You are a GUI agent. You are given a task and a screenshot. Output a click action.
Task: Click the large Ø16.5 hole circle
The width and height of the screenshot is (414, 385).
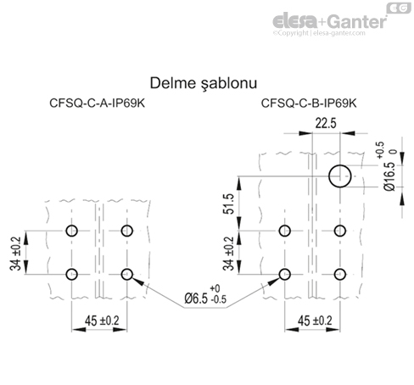click(x=341, y=176)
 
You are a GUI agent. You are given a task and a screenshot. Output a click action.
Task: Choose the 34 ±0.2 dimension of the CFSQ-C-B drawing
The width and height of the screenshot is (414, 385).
click(x=229, y=252)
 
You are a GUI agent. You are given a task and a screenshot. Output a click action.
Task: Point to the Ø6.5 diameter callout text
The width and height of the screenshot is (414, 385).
click(x=199, y=298)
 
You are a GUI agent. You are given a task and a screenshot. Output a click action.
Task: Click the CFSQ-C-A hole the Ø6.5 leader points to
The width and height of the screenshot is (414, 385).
click(x=129, y=274)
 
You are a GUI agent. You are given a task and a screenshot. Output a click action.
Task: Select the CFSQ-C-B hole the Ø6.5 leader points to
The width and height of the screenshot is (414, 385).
click(x=283, y=274)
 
